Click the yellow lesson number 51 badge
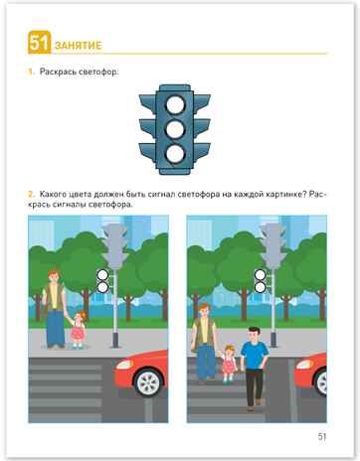click(40, 43)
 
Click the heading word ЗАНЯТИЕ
click(79, 46)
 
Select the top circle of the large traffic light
click(175, 105)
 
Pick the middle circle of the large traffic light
click(175, 129)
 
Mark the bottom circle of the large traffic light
click(175, 154)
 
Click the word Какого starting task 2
click(54, 195)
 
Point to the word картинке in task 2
click(283, 195)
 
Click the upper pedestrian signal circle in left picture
click(102, 274)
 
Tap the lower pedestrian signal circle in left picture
click(102, 287)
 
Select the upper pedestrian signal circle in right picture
click(261, 274)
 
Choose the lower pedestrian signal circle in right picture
click(261, 287)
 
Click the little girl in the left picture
click(78, 330)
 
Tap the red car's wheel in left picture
click(148, 383)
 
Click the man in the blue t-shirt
click(255, 369)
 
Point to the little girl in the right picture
click(229, 364)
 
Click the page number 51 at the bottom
click(322, 436)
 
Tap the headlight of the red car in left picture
click(125, 365)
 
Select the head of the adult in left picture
click(53, 276)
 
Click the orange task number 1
click(31, 72)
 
